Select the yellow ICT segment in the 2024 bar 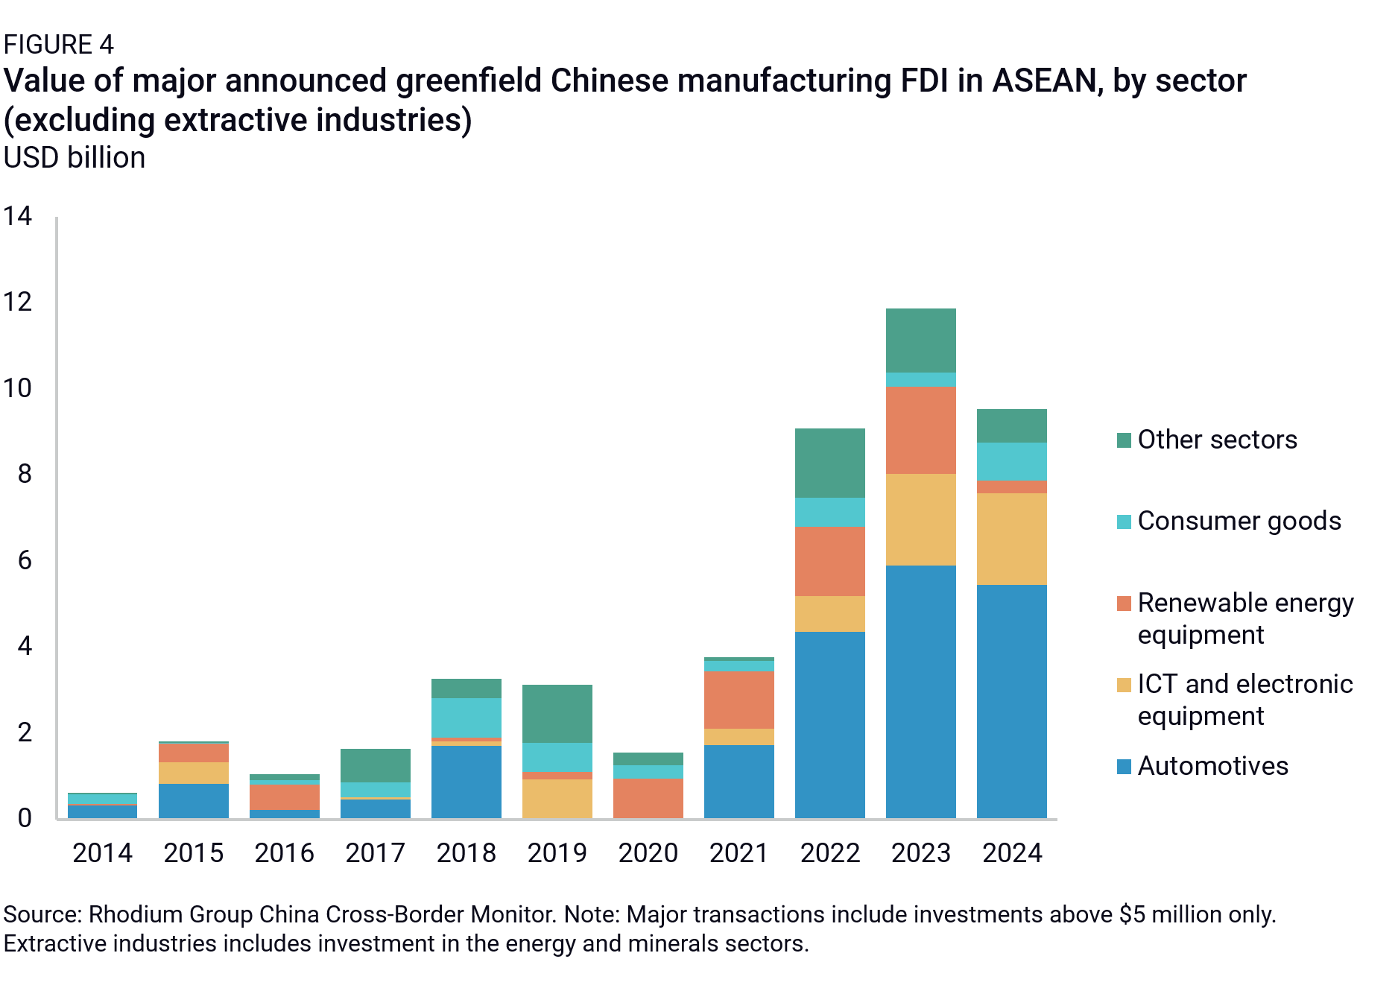click(1011, 539)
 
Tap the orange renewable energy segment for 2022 click(829, 561)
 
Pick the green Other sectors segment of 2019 click(557, 713)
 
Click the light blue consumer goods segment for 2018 click(466, 717)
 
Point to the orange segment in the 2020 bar click(648, 798)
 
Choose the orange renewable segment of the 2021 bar click(738, 700)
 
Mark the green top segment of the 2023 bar click(920, 340)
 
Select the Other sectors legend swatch click(1124, 440)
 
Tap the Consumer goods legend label click(1239, 521)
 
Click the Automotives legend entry click(1212, 766)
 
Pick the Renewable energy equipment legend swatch click(1124, 603)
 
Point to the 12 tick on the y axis click(18, 302)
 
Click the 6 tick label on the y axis click(25, 560)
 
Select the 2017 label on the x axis click(375, 853)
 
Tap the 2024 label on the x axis click(1011, 853)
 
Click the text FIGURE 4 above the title click(58, 45)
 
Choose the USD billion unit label click(74, 158)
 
